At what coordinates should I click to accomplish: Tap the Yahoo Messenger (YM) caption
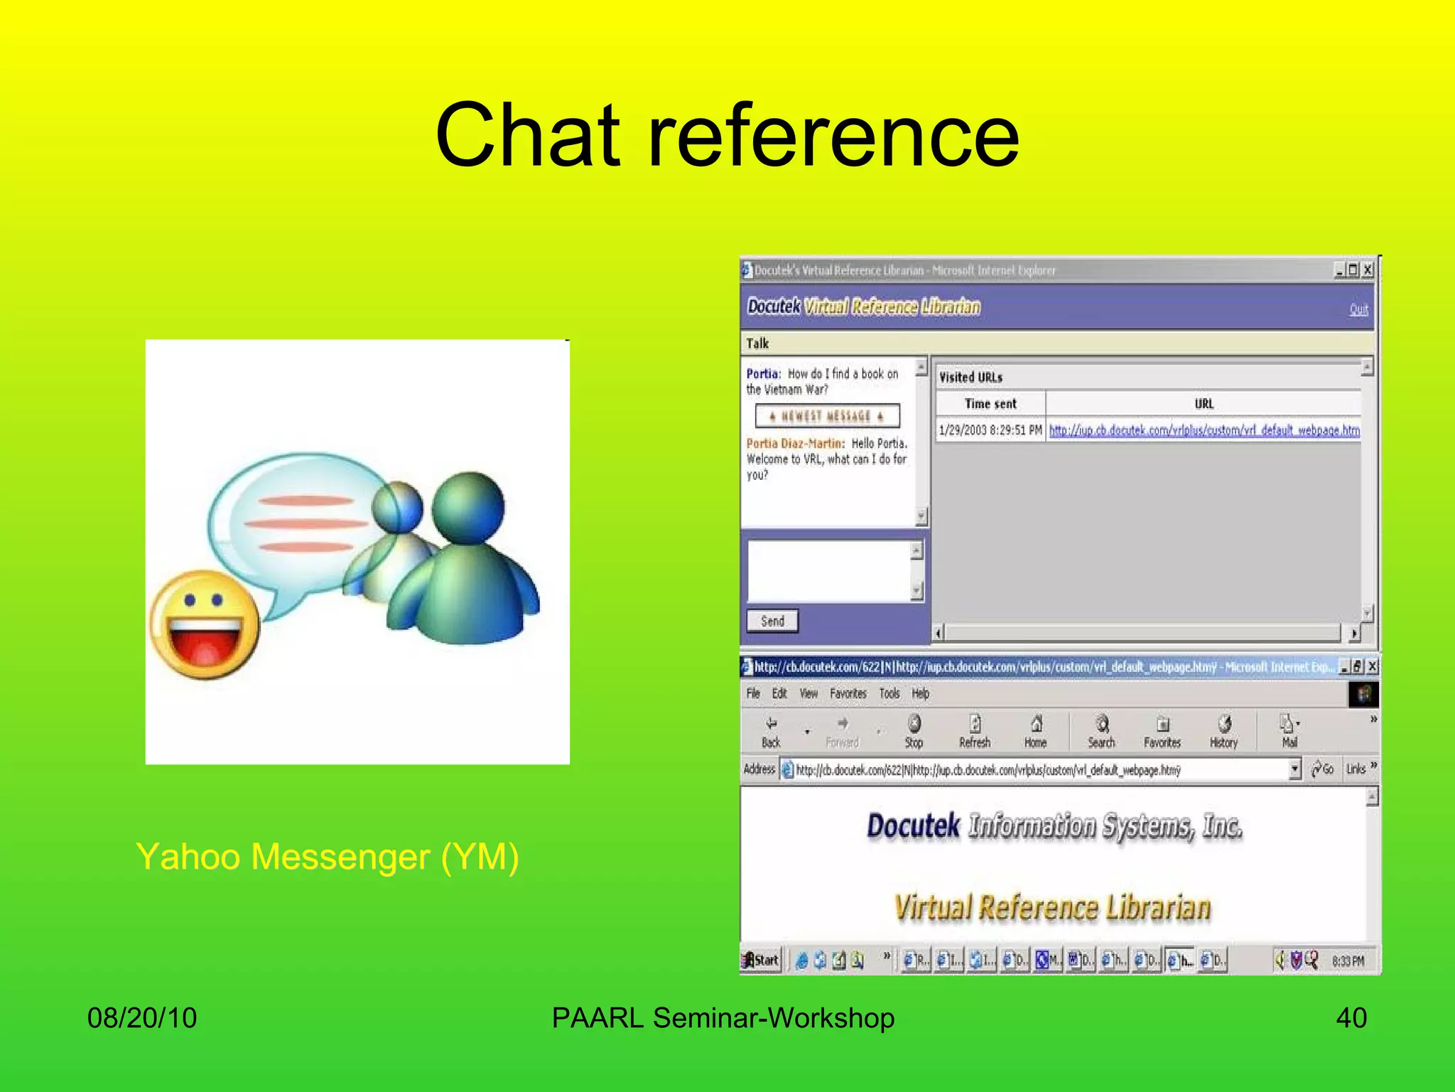(327, 856)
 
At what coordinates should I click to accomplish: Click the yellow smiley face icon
(205, 624)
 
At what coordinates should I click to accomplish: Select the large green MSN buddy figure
(465, 562)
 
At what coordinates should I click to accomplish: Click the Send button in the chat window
(772, 621)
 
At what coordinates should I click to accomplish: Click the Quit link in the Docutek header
(1358, 309)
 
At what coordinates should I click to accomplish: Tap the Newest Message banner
(827, 416)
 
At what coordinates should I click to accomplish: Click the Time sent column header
(990, 404)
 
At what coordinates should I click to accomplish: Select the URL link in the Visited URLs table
(1204, 430)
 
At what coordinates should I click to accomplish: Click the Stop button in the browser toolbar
(914, 732)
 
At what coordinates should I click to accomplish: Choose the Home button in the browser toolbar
(1035, 732)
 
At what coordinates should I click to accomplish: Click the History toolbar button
(1223, 732)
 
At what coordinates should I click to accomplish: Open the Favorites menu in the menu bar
(848, 693)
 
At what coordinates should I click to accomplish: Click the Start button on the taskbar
(761, 960)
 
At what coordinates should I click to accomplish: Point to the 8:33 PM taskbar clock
(1348, 961)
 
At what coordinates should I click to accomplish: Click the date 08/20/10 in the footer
(142, 1017)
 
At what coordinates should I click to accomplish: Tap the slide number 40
(1351, 1017)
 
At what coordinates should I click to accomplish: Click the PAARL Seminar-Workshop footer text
(723, 1017)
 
